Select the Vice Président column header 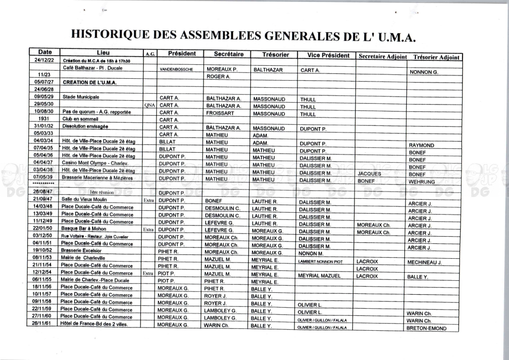[328, 55]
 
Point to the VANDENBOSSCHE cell [176, 69]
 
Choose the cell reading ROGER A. [219, 76]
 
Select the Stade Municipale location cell [81, 96]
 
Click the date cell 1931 [43, 119]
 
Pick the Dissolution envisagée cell [85, 126]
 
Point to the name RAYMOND [421, 145]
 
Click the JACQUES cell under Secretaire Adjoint [369, 174]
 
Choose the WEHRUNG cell [422, 182]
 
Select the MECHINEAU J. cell [425, 263]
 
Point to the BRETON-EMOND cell [426, 328]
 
